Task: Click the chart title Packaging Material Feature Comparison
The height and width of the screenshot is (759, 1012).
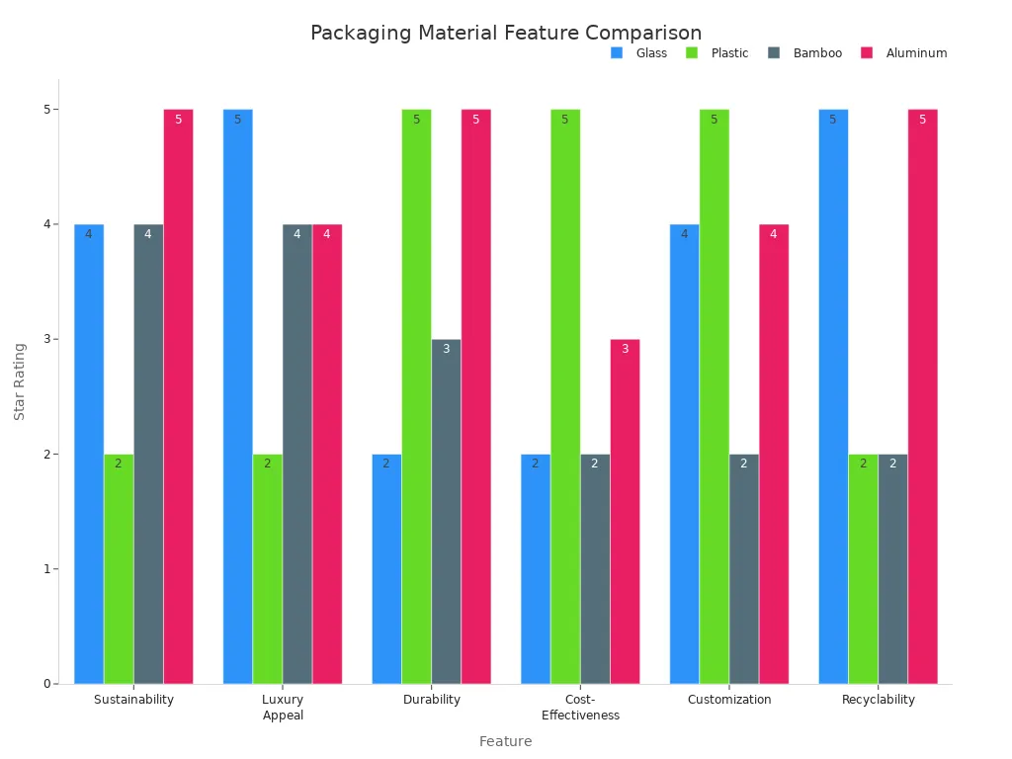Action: tap(506, 34)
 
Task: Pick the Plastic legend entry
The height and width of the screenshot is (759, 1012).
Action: tap(729, 53)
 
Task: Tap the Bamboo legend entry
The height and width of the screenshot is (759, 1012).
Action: tap(816, 53)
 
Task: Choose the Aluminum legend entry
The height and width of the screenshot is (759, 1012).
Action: tap(915, 53)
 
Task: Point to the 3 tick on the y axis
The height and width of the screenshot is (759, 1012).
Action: tap(45, 339)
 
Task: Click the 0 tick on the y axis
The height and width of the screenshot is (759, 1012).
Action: tap(45, 684)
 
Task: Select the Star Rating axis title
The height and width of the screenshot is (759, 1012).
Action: tap(20, 381)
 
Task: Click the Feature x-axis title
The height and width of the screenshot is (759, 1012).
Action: tap(506, 741)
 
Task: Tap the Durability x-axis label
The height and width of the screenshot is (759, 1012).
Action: tap(432, 700)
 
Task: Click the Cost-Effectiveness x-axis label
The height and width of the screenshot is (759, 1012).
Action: tap(580, 708)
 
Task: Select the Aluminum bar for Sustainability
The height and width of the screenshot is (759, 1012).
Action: tap(178, 396)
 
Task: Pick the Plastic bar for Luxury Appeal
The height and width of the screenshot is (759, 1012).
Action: tap(268, 569)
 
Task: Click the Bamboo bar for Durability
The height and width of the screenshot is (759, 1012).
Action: tap(446, 512)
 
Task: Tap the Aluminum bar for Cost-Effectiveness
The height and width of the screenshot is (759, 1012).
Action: tap(625, 512)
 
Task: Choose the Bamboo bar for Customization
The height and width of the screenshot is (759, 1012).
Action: tap(744, 569)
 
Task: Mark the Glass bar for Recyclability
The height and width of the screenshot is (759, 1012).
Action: tap(833, 396)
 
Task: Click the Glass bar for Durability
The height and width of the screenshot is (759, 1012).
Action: tap(386, 569)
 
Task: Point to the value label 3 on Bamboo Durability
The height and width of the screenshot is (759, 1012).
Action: tap(446, 349)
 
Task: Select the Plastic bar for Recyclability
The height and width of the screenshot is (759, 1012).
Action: tap(863, 569)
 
